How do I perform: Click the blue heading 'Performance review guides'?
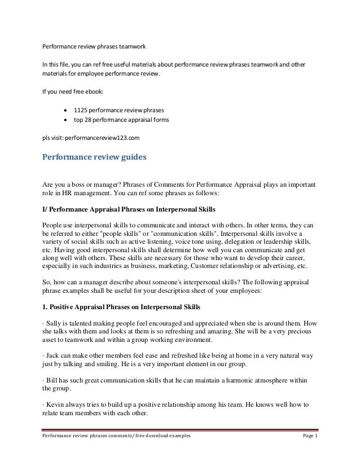[94, 157]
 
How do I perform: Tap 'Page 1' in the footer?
[309, 453]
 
